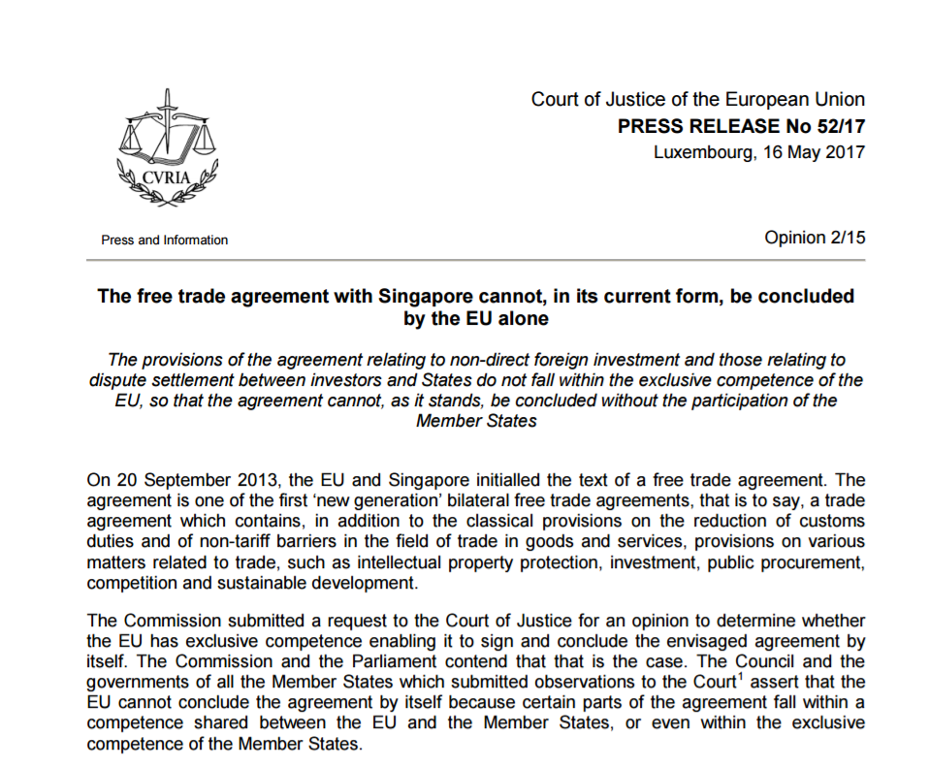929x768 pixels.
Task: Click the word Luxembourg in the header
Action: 698,152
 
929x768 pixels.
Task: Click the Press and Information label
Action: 164,240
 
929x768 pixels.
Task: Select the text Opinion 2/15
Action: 815,238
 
